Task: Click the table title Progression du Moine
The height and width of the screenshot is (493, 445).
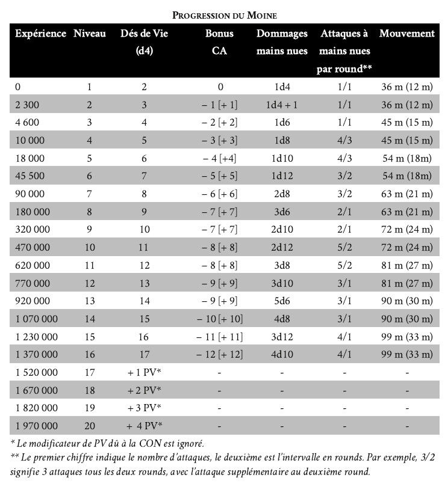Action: click(x=225, y=14)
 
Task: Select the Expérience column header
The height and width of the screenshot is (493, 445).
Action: click(x=40, y=34)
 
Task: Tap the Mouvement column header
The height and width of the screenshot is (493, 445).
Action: click(x=406, y=34)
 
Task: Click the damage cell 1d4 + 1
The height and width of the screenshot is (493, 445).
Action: click(x=282, y=105)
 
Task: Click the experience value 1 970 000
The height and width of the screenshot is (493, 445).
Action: click(x=36, y=426)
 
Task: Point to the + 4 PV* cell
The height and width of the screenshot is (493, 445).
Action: click(x=145, y=426)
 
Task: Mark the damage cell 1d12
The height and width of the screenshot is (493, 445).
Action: click(x=282, y=176)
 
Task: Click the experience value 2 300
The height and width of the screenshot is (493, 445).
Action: click(x=25, y=105)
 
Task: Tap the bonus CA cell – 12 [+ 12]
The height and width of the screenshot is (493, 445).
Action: click(x=219, y=355)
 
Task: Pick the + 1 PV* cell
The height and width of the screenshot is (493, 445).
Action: click(x=145, y=373)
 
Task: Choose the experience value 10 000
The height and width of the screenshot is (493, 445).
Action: click(x=29, y=141)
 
